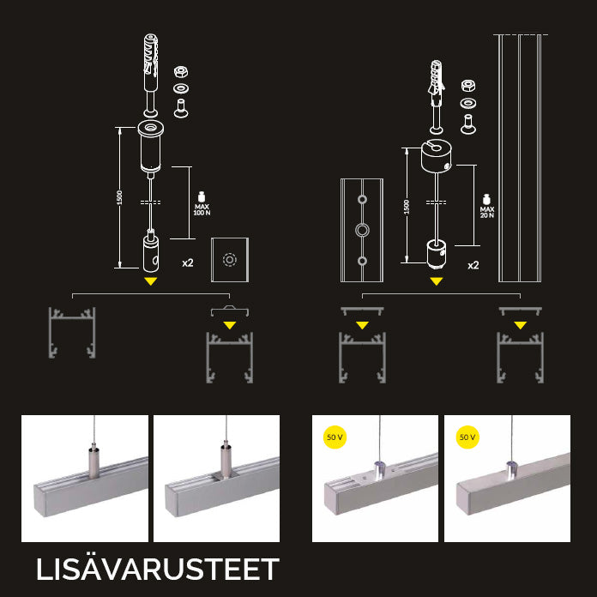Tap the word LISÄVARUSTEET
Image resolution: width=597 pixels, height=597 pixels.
point(158,570)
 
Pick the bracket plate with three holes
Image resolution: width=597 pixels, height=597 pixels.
point(362,230)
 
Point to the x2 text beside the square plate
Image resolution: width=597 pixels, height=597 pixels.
point(187,263)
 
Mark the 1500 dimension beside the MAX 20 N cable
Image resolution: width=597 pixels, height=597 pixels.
point(407,206)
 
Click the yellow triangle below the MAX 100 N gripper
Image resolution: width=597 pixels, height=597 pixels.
point(151,280)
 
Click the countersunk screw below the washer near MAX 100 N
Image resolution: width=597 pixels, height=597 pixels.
point(181,107)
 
